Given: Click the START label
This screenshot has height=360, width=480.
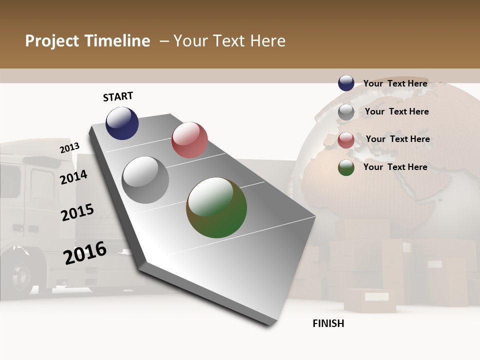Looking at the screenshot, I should point(118,96).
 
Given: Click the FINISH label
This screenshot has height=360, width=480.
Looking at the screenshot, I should point(328,323).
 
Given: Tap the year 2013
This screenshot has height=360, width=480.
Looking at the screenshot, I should point(69,148).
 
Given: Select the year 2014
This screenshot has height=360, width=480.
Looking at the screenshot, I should point(74,177).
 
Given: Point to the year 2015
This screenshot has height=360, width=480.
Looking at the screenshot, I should point(77,212).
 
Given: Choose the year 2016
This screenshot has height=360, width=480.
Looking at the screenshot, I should point(85,252).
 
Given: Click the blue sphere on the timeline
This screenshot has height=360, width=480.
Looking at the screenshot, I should point(122,123).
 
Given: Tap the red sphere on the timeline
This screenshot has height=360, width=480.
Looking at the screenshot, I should point(189,140).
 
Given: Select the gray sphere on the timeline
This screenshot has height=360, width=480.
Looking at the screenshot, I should point(145,180).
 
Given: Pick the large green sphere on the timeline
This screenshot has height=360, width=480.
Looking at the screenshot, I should point(216,207).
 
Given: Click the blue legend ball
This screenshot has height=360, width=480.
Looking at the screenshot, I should point(346,83).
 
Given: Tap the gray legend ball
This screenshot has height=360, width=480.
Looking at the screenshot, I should point(346,112).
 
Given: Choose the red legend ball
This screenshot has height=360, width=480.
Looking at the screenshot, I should point(346,140).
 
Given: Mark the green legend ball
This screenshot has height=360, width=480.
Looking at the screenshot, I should point(346,167).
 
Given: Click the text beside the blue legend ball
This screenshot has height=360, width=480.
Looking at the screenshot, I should point(395,83).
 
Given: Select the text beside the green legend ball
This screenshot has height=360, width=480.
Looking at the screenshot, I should point(395,167).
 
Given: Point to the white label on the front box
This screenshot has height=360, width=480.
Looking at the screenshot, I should point(376,296).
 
